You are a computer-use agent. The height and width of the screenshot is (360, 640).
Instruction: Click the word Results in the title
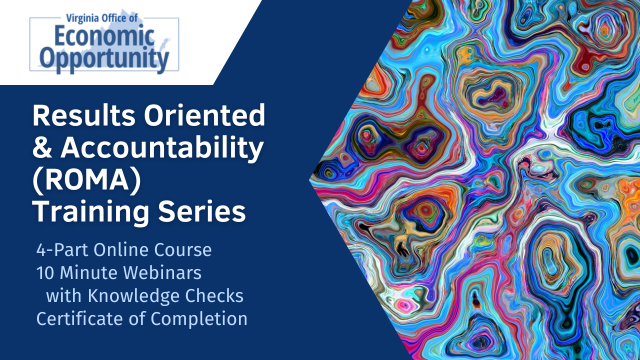coord(77,117)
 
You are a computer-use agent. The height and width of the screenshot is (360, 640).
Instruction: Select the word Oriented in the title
coord(202,117)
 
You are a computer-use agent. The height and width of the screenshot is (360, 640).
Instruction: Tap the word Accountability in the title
coord(162,150)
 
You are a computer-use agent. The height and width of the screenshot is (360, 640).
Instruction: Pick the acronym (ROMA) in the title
coord(79,182)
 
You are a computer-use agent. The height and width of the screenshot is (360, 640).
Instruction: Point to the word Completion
coord(199,320)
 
